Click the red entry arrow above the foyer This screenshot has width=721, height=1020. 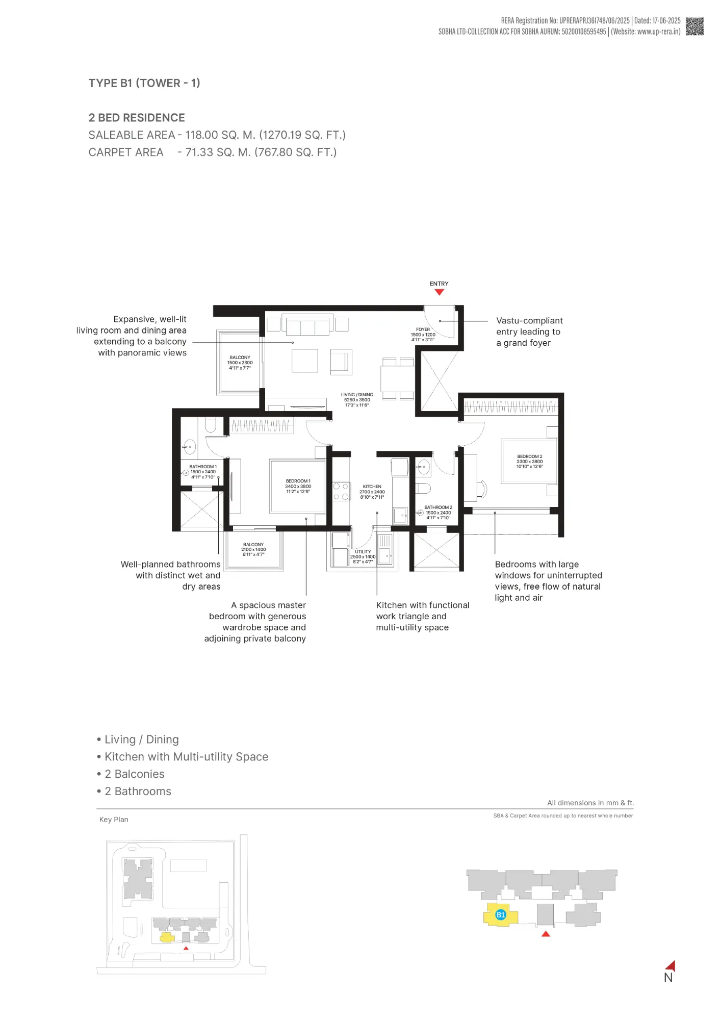click(439, 292)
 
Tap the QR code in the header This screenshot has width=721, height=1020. click(694, 27)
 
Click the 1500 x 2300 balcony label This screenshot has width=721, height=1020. click(240, 363)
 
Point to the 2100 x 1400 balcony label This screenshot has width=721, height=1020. click(253, 549)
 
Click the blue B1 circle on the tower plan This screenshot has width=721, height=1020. click(501, 914)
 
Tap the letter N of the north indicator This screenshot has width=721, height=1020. click(668, 978)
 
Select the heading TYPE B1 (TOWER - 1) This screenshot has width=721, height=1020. click(144, 83)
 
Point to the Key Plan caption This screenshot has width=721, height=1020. click(114, 820)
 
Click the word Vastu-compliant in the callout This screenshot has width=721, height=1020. click(529, 321)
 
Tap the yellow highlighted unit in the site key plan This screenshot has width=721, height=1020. click(167, 937)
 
